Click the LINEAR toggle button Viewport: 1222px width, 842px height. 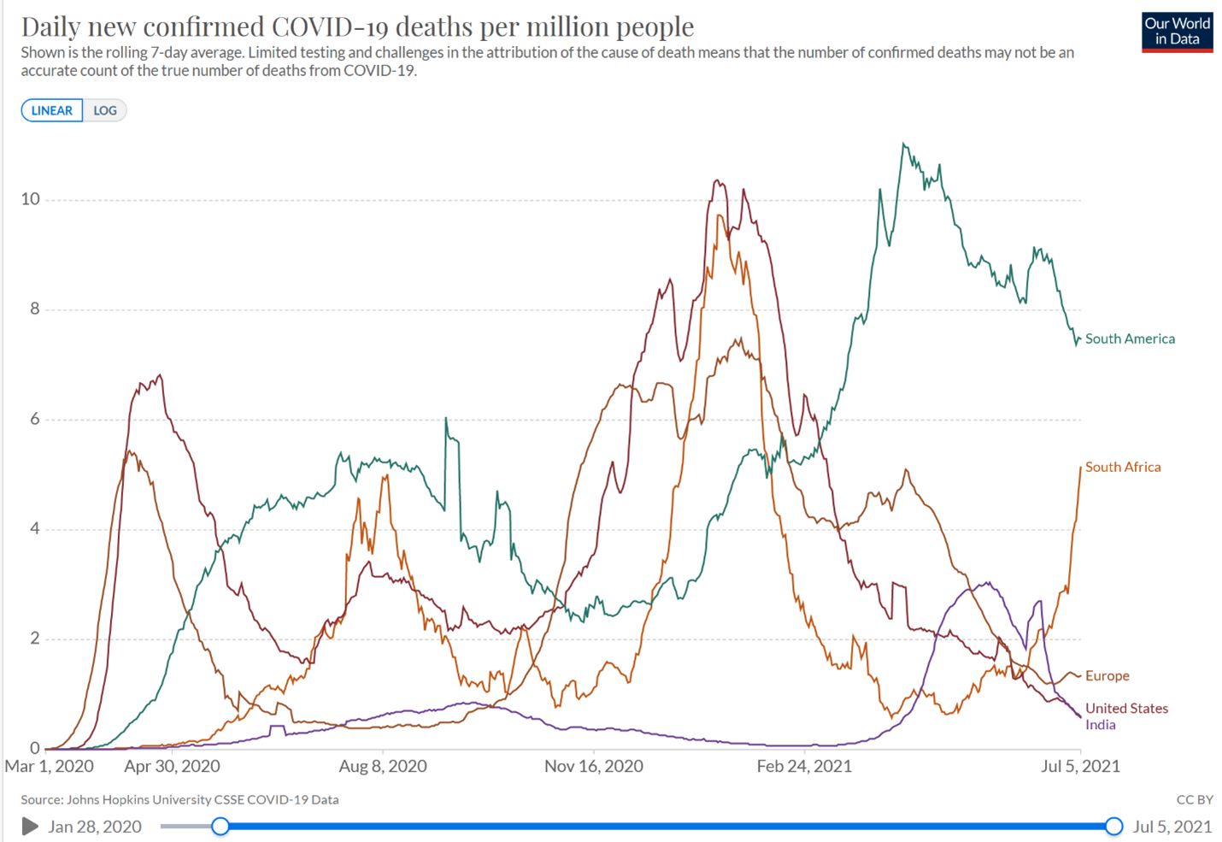click(52, 110)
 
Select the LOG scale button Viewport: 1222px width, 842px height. click(105, 110)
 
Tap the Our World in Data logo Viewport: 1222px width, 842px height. click(1177, 32)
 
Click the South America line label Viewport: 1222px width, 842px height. click(1130, 339)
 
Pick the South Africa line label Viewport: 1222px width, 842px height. click(1123, 467)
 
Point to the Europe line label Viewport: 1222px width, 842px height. click(1107, 675)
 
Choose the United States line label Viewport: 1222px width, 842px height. click(1126, 708)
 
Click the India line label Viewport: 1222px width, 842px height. click(1100, 725)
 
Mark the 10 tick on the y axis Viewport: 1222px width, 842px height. click(31, 199)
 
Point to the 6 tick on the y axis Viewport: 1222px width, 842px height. click(35, 419)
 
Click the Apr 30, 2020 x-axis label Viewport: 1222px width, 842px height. click(172, 766)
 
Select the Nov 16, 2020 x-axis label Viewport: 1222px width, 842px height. click(594, 766)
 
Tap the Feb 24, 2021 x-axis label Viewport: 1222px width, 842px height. click(804, 766)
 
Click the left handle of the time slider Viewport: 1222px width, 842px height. click(220, 826)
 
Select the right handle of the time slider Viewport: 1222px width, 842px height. click(1113, 826)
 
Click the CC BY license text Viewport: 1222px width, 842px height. click(1195, 799)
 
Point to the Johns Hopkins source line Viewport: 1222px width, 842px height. click(179, 799)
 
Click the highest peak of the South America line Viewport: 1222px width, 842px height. click(903, 144)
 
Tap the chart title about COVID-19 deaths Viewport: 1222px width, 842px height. click(357, 26)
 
